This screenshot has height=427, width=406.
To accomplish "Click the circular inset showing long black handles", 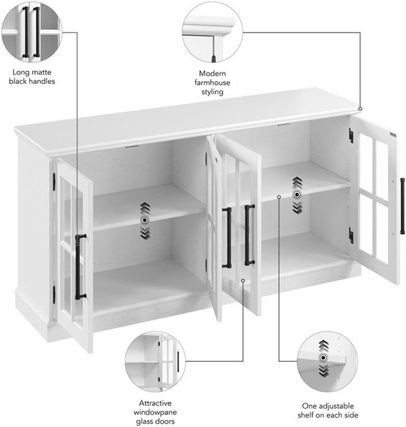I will [x=31, y=31].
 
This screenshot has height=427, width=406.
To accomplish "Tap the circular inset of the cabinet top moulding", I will [x=212, y=31].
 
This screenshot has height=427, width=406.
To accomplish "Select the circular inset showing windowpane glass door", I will [x=155, y=361].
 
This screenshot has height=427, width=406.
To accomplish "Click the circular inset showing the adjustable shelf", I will [x=327, y=361].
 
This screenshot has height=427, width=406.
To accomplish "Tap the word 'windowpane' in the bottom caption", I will [x=155, y=412].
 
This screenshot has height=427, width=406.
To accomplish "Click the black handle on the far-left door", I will [x=80, y=266].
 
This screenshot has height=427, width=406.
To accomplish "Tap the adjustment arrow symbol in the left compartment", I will [x=145, y=220].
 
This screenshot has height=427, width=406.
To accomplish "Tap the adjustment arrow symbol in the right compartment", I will [x=297, y=195].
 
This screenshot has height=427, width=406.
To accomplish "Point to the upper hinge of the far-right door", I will [x=351, y=135].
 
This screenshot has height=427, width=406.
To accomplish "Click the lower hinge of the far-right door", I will [x=351, y=235].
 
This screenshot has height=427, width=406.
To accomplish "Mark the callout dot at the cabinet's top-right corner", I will [x=360, y=109].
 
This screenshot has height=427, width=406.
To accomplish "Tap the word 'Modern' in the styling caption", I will [x=212, y=73].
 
